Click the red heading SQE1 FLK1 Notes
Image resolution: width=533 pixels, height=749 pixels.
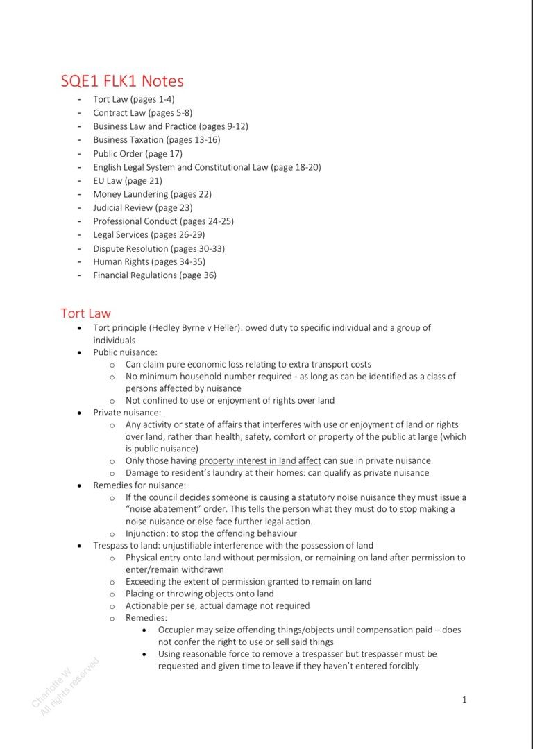coord(122,81)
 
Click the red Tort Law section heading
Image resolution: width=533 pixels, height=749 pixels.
coord(85,313)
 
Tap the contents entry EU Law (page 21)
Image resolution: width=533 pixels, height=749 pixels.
coord(128,180)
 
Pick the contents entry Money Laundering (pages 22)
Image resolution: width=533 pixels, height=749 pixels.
coord(152,194)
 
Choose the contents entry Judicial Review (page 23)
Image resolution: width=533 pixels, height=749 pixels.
coord(143,207)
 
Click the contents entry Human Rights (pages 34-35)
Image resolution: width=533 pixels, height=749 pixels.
coord(149,261)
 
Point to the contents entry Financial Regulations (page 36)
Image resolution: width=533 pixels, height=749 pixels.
coord(155,275)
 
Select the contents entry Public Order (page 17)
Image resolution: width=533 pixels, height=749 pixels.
coord(137,153)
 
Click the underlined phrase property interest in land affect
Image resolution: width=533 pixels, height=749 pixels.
coord(260,460)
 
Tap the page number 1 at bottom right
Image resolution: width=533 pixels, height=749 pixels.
coord(464,700)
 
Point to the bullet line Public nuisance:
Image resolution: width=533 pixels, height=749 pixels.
coord(125,352)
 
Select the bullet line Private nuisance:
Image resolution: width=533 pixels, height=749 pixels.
coord(127,413)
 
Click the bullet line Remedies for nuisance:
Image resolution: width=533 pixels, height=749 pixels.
coord(139,485)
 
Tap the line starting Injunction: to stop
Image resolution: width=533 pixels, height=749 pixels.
coord(211,533)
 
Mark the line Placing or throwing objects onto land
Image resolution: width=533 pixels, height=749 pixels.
coord(199,594)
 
